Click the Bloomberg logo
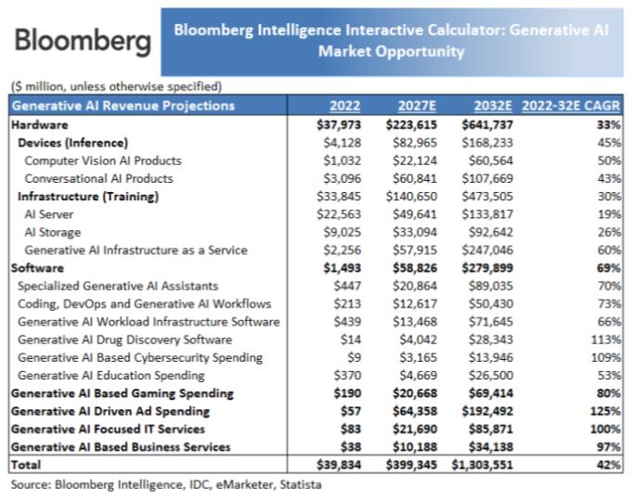click(83, 41)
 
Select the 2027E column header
click(417, 106)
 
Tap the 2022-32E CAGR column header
click(571, 106)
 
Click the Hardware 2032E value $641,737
click(487, 124)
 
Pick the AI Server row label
click(49, 214)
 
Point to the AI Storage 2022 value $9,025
click(342, 232)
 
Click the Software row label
click(37, 268)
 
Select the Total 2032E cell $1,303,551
click(483, 465)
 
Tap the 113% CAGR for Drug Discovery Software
click(605, 340)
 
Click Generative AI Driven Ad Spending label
click(110, 411)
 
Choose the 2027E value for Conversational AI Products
click(415, 178)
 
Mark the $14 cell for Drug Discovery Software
click(351, 340)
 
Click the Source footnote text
click(166, 484)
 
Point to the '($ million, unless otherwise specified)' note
click(117, 86)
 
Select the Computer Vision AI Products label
click(103, 161)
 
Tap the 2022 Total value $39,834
click(339, 465)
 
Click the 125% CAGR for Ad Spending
click(605, 411)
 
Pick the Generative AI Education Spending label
click(111, 376)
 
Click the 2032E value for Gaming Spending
click(491, 393)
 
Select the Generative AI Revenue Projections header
click(123, 106)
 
